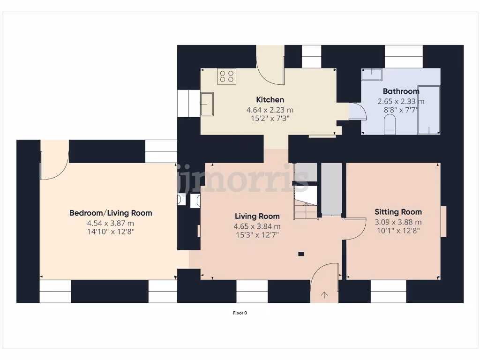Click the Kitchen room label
pyautogui.click(x=270, y=99)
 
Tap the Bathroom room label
pyautogui.click(x=401, y=91)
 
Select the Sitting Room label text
pyautogui.click(x=398, y=212)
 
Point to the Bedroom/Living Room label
pyautogui.click(x=111, y=213)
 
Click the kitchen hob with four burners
pyautogui.click(x=226, y=76)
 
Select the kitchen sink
pyautogui.click(x=207, y=104)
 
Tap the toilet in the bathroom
pyautogui.click(x=390, y=125)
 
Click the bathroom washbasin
pyautogui.click(x=372, y=74)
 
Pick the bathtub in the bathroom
pyautogui.click(x=428, y=110)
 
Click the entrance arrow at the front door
pyautogui.click(x=324, y=295)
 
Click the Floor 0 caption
pyautogui.click(x=240, y=313)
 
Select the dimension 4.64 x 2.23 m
pyautogui.click(x=270, y=110)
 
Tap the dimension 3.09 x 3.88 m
pyautogui.click(x=398, y=222)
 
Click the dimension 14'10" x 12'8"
pyautogui.click(x=111, y=232)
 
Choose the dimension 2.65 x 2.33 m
pyautogui.click(x=401, y=101)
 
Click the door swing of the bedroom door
pyautogui.click(x=54, y=164)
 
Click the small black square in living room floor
pyautogui.click(x=301, y=254)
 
